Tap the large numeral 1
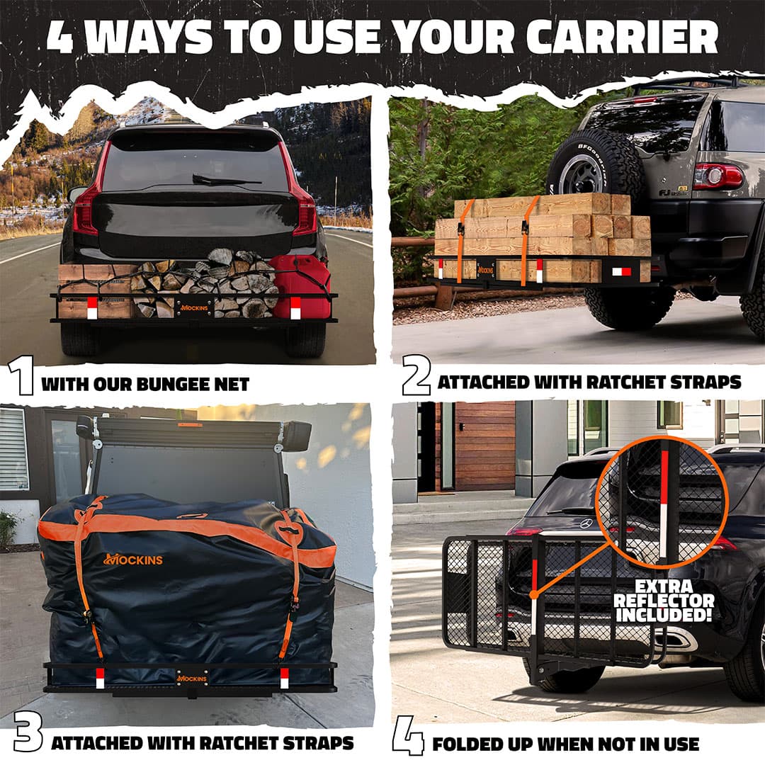(21, 375)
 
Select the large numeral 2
(416, 375)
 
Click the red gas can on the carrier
(299, 287)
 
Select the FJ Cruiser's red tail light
(717, 176)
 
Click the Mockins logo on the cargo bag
(132, 559)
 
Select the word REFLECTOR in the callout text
(664, 601)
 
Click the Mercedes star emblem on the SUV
(586, 524)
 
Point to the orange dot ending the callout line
(534, 594)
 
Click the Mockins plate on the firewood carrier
(194, 308)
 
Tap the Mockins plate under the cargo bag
(192, 679)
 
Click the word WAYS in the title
(152, 37)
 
